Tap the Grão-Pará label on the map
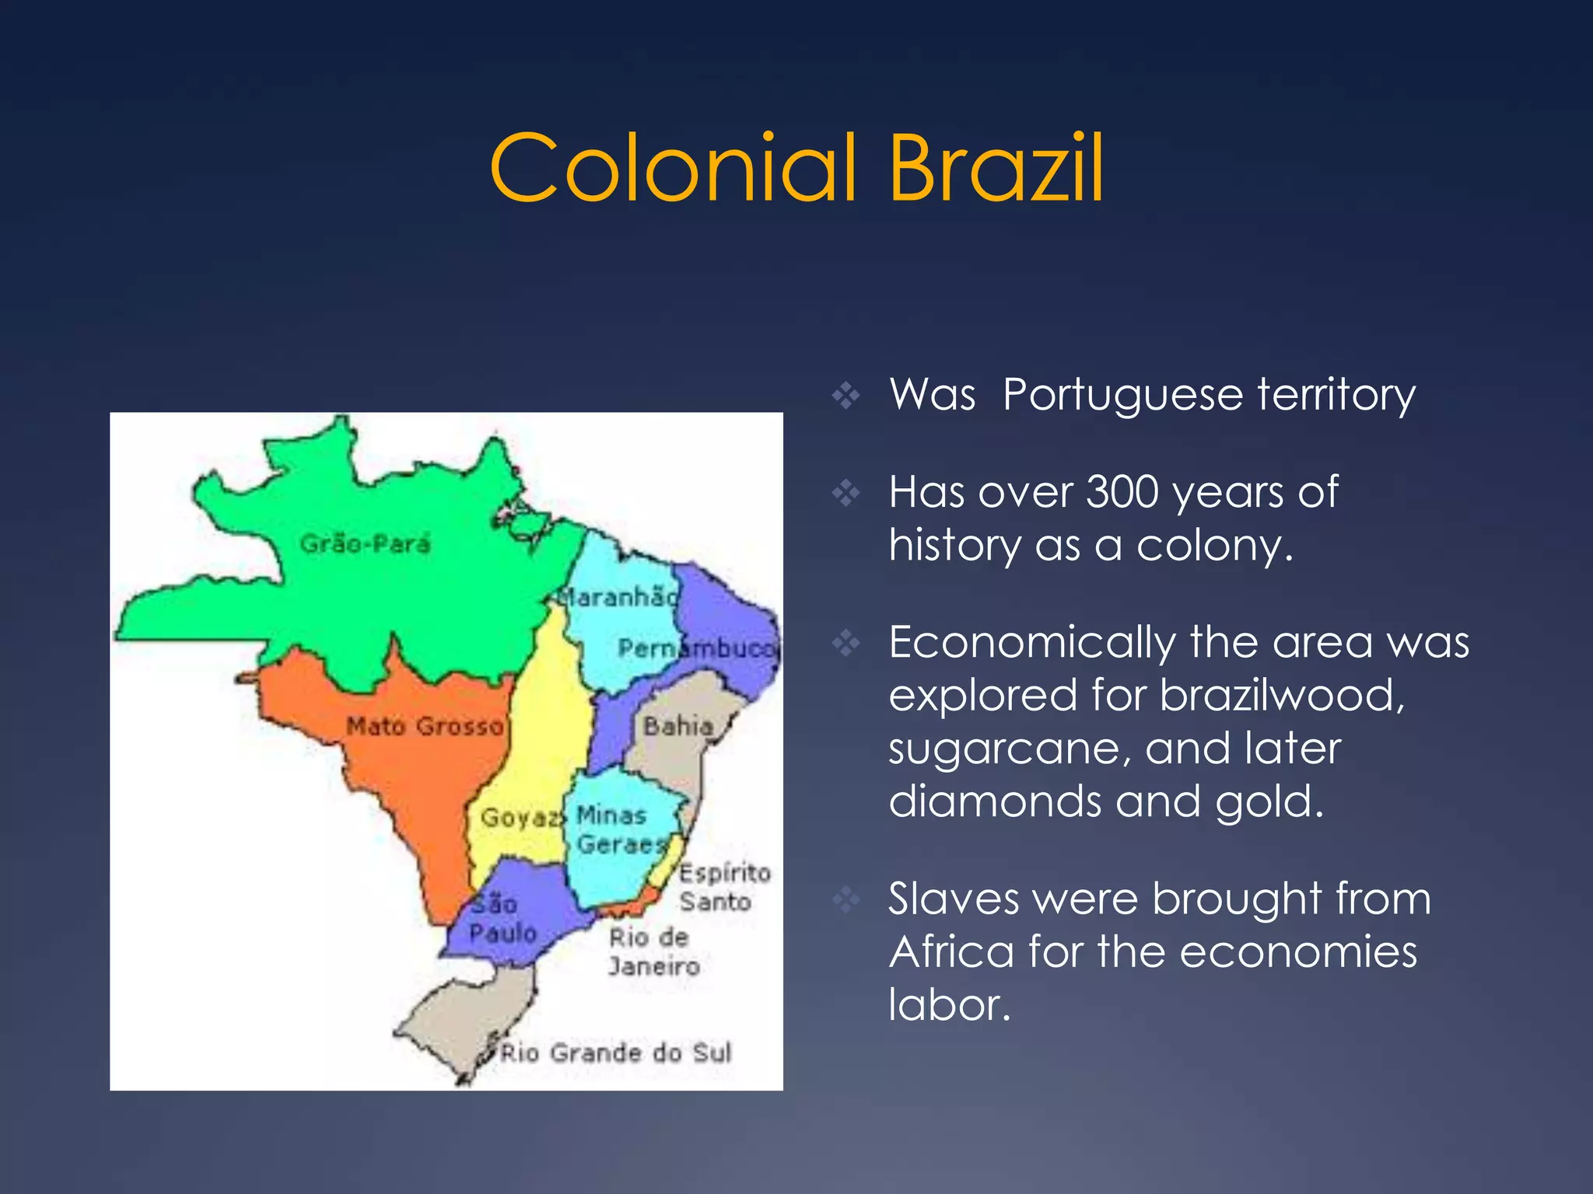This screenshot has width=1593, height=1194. click(x=365, y=543)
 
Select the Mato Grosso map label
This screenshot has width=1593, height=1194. click(x=425, y=726)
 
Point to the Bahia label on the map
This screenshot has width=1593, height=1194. click(x=678, y=726)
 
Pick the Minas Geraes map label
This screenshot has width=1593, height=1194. click(x=620, y=829)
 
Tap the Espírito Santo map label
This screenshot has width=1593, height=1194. click(x=723, y=887)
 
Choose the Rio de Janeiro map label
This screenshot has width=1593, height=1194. click(x=653, y=951)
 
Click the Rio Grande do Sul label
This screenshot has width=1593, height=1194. click(x=615, y=1053)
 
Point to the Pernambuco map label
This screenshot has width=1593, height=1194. click(x=696, y=648)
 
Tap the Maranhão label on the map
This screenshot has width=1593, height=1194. click(x=618, y=597)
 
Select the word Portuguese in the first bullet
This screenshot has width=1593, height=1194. click(x=1124, y=395)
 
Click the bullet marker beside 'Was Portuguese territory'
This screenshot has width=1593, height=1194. click(x=846, y=396)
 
